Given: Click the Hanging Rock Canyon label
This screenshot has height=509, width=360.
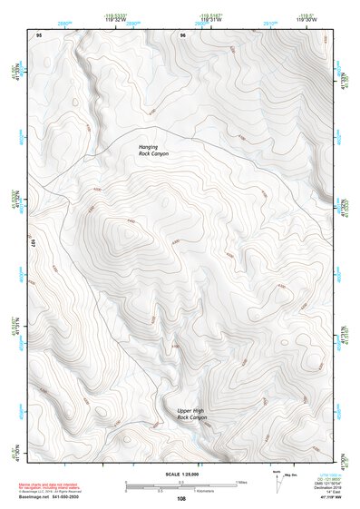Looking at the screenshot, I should (x=153, y=150).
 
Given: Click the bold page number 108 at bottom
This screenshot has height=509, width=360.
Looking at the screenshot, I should (x=181, y=499).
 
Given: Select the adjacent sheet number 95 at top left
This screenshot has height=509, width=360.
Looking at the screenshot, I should (x=39, y=34).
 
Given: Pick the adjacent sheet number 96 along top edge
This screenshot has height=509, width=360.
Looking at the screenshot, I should (x=183, y=34).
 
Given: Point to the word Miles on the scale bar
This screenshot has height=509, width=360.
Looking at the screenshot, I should (x=242, y=482).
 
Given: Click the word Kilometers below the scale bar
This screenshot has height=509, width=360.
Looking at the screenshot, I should (x=215, y=493).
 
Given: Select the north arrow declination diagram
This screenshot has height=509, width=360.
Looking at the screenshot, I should (x=276, y=481).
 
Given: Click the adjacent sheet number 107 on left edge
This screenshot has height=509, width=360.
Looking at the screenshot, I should (x=32, y=244).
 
